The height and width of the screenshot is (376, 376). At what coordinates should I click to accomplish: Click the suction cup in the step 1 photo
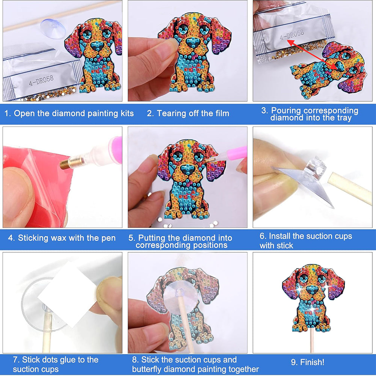tap(53, 27)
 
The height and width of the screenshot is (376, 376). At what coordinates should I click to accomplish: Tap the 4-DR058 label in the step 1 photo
tap(41, 80)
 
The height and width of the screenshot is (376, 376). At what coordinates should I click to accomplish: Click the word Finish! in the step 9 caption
tap(312, 362)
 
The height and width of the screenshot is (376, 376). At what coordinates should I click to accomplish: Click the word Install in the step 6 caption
tap(279, 236)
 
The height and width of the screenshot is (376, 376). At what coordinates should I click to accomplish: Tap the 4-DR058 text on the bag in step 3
tap(292, 35)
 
